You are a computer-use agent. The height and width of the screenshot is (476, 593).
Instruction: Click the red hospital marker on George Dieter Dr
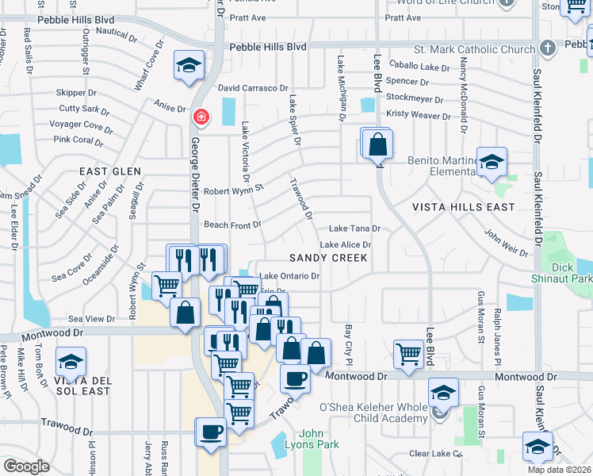[201, 117]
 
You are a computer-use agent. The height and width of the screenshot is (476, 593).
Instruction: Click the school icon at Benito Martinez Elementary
[492, 163]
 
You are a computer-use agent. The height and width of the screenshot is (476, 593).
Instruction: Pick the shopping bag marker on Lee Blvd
[378, 145]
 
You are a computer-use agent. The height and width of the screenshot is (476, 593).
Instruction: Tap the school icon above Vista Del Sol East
[71, 363]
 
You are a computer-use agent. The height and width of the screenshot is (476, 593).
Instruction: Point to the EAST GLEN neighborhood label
[109, 171]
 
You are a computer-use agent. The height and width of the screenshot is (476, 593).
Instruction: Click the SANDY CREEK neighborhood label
[328, 258]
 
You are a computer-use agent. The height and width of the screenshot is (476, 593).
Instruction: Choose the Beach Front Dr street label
[233, 225]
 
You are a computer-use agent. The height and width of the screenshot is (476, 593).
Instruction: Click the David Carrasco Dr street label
[253, 88]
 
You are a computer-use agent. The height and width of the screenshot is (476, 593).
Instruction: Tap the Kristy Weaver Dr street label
[418, 116]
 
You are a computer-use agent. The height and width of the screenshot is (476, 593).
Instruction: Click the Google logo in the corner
[26, 466]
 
